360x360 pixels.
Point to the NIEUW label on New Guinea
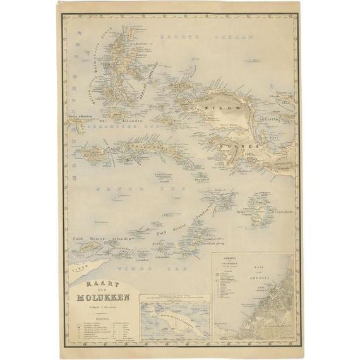[215, 109]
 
